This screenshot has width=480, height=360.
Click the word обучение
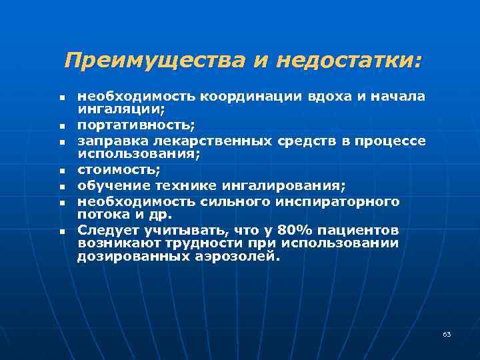108,185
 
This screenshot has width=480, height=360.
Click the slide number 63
447,334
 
